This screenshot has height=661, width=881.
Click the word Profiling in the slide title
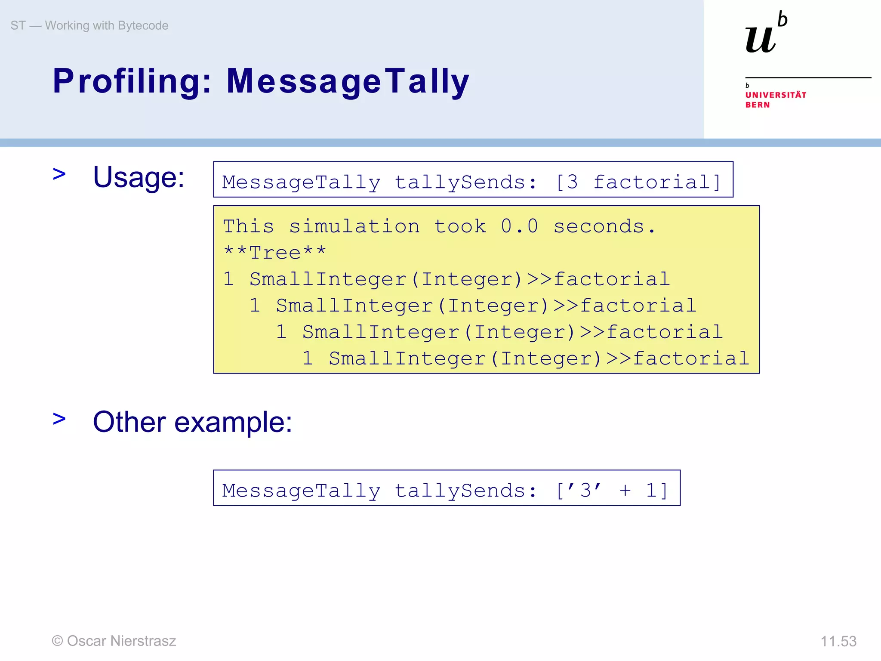click(132, 81)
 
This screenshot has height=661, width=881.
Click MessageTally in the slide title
click(348, 81)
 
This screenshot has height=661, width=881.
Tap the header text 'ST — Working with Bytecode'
click(89, 26)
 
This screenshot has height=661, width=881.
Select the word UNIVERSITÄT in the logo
click(776, 95)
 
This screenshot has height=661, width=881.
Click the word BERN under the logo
click(758, 105)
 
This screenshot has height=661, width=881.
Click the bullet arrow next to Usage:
click(59, 174)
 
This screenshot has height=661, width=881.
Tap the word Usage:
click(139, 177)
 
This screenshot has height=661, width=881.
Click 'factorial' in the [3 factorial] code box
click(651, 182)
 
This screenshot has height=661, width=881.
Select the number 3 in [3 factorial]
click(572, 182)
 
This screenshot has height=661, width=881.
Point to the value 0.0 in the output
click(519, 226)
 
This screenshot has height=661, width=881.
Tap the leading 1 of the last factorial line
click(308, 358)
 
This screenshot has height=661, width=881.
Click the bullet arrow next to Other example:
click(59, 419)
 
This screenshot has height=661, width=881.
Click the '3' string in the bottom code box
click(585, 490)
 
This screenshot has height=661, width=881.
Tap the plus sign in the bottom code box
click(625, 490)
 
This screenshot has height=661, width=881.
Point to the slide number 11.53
click(838, 641)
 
